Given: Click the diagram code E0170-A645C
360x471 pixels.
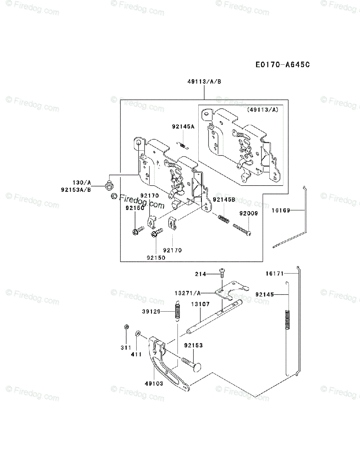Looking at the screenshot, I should click(x=282, y=64).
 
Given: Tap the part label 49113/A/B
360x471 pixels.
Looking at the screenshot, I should click(x=204, y=82).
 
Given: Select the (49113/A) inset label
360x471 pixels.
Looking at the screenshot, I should click(x=263, y=110).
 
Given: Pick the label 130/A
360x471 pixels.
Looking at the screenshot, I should click(x=82, y=183).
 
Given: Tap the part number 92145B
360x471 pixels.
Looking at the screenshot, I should click(x=224, y=200).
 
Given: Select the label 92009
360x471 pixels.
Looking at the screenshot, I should click(x=248, y=214).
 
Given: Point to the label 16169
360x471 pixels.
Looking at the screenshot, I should click(x=280, y=210).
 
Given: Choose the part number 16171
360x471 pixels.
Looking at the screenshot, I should click(x=274, y=273).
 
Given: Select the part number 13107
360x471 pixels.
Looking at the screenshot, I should click(x=200, y=304).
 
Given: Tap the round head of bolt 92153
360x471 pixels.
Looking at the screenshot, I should click(x=197, y=367).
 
